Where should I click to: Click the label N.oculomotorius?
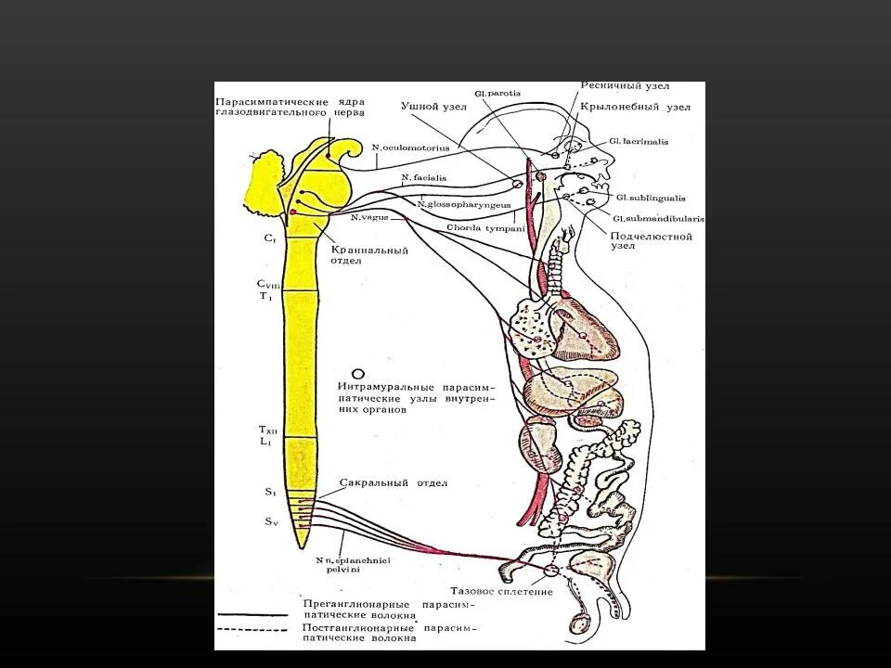coord(410,147)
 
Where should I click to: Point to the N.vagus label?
coord(369,217)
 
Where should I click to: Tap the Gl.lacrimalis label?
coord(639,141)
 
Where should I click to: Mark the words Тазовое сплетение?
coord(501,591)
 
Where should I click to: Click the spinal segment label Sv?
coord(271,522)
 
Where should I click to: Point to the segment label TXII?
coord(267,430)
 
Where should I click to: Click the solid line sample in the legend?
coord(252,615)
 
